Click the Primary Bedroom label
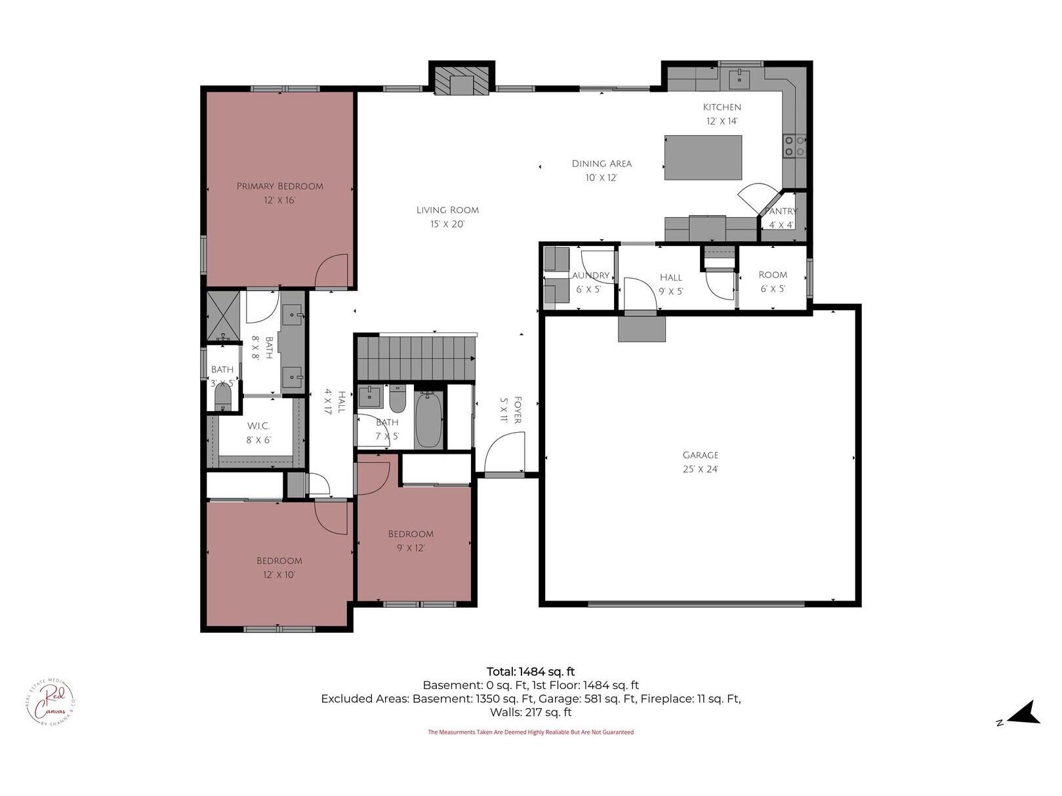[280, 186]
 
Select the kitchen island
[703, 157]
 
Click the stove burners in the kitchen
[794, 146]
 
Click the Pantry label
[781, 211]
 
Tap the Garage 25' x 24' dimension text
[700, 469]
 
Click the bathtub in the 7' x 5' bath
[428, 420]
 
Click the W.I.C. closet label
[258, 426]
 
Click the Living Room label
[447, 210]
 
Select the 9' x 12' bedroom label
[411, 534]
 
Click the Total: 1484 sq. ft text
[530, 671]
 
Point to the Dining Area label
[602, 164]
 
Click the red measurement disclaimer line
[530, 732]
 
